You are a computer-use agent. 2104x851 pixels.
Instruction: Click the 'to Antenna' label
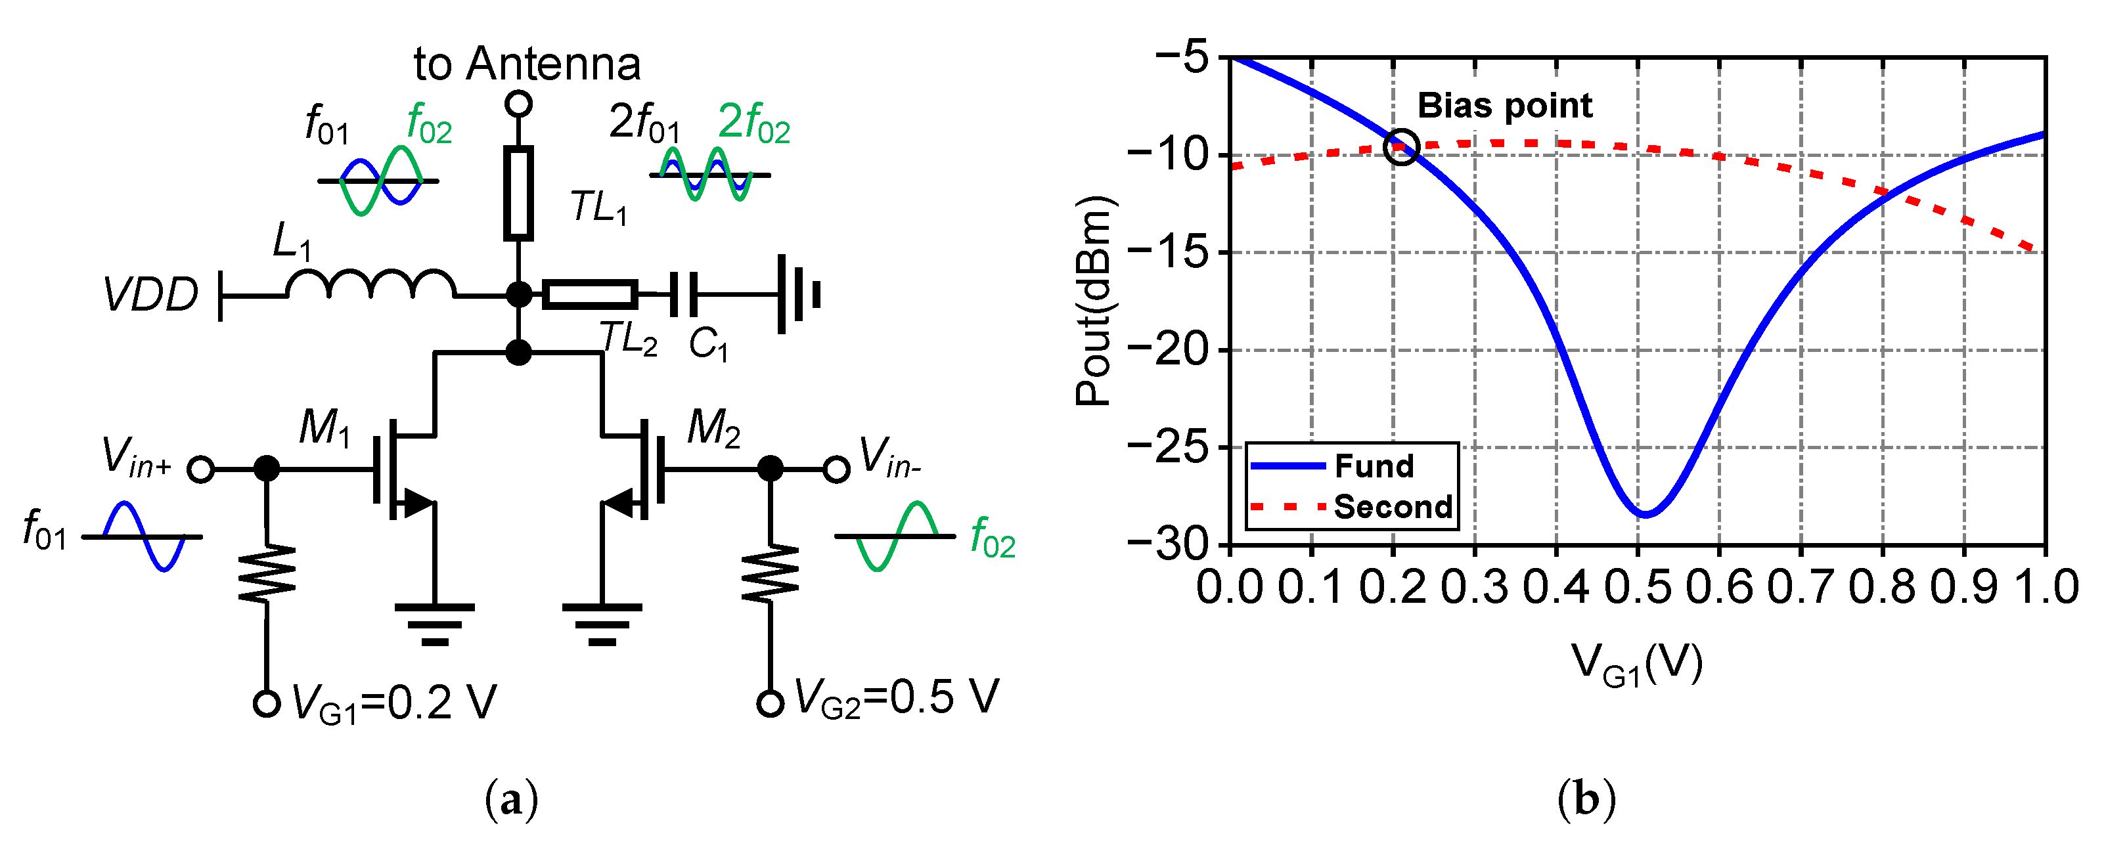[527, 64]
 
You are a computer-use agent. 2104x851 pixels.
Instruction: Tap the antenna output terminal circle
[519, 104]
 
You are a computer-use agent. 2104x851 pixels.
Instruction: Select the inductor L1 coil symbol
[371, 284]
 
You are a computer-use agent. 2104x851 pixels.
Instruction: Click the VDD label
[151, 295]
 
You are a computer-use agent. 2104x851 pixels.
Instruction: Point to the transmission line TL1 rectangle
[519, 194]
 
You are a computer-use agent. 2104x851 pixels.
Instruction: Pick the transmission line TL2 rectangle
[590, 294]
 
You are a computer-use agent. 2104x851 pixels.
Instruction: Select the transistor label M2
[713, 427]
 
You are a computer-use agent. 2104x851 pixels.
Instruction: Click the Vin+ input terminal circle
[201, 469]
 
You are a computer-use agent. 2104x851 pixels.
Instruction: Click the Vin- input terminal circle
[836, 469]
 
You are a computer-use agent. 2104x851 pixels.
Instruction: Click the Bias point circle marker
[1402, 147]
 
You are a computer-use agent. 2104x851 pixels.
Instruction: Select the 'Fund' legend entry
[1374, 466]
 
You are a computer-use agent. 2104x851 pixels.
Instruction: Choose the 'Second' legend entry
[1393, 507]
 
